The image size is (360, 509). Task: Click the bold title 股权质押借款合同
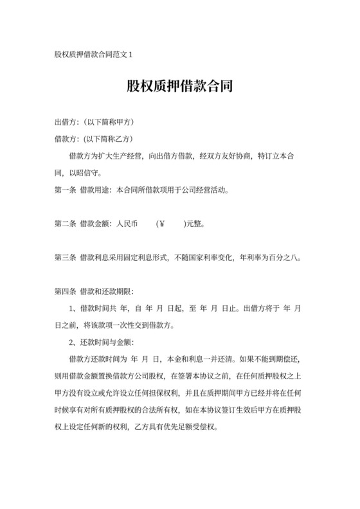click(179, 87)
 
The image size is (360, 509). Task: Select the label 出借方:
click(66, 122)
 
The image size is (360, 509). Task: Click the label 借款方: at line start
click(66, 139)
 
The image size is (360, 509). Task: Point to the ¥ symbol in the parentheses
click(161, 224)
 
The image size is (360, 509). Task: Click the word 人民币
click(127, 224)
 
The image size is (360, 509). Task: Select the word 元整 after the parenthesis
click(195, 224)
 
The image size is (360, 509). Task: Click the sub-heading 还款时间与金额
click(107, 342)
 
